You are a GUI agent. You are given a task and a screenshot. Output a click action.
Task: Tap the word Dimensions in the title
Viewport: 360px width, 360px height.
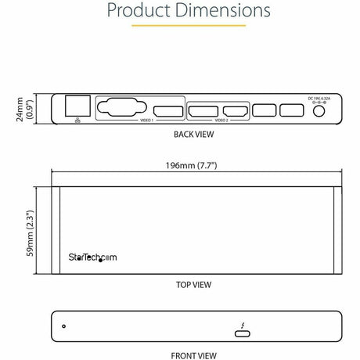point(220,11)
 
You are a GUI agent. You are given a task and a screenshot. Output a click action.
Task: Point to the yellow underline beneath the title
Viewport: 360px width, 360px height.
point(179,26)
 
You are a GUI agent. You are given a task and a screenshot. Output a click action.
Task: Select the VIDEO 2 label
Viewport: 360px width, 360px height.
point(221,121)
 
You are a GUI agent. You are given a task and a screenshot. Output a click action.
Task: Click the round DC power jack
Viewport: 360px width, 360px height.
point(319,111)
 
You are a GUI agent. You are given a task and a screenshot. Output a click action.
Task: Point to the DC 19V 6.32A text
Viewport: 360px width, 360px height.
point(319,98)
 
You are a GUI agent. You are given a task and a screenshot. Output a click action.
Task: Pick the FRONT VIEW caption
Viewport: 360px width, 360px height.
point(195,355)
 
